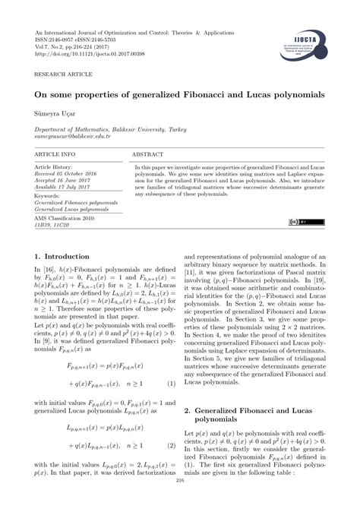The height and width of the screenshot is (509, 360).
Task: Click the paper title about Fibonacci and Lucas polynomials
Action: point(180,96)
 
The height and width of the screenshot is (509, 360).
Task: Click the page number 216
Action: point(180,501)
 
